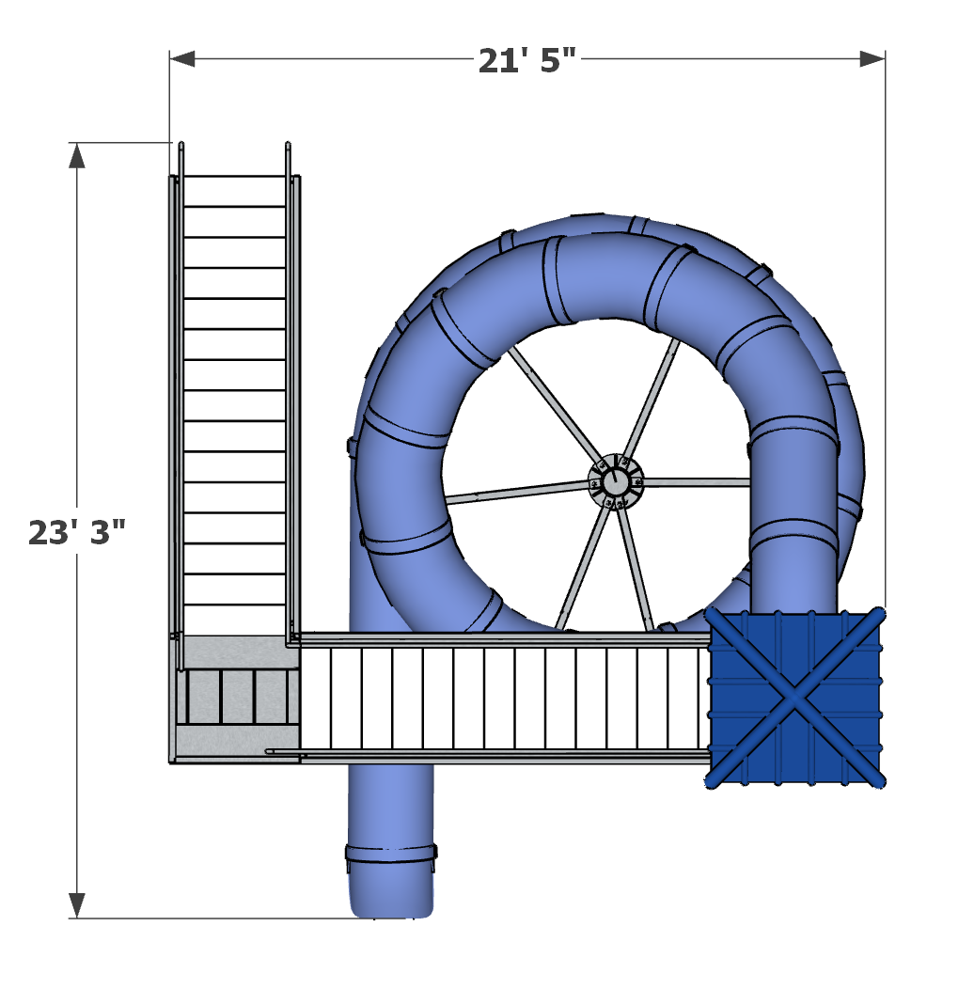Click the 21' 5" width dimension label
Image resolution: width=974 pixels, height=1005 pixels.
coord(526,60)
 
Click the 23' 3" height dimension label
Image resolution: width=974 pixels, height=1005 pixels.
coord(76,532)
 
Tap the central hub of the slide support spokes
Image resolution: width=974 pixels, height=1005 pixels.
coord(615,482)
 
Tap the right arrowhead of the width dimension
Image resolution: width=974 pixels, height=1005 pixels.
coord(872,59)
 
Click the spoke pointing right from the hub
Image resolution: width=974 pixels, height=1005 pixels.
coord(696,482)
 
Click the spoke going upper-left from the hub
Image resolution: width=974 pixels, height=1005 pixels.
coord(555,403)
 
